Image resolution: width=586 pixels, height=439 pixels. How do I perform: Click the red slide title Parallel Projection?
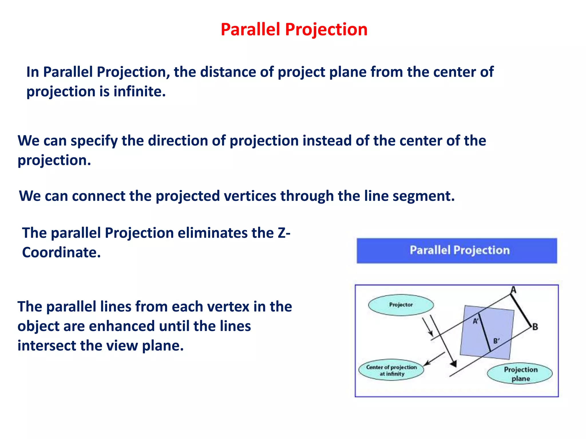tap(294, 29)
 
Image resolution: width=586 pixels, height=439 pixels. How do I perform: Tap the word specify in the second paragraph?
tap(94, 141)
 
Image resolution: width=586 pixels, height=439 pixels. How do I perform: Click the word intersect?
tap(47, 346)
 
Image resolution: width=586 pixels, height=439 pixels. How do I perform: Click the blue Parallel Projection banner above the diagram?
tap(457, 250)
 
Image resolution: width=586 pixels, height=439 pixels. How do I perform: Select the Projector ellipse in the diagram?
tap(401, 305)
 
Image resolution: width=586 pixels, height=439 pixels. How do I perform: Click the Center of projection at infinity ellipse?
tap(391, 370)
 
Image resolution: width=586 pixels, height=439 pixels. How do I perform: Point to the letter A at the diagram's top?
tap(514, 290)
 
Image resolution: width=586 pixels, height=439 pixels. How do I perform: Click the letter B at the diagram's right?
tap(535, 327)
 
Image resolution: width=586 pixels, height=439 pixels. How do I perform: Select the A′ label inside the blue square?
tap(475, 321)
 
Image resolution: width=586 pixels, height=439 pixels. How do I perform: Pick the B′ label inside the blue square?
tap(496, 341)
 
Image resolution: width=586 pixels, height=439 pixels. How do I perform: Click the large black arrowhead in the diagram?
tap(453, 364)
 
